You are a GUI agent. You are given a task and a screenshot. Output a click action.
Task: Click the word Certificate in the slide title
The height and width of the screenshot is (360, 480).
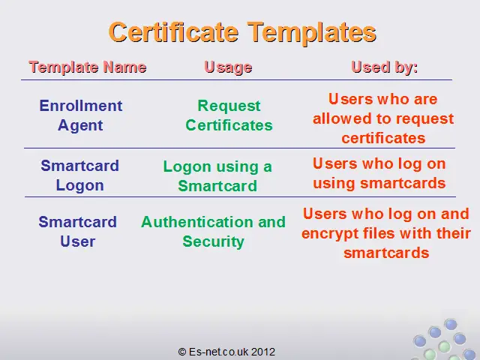click(173, 31)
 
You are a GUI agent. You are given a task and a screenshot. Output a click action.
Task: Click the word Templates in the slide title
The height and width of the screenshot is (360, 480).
click(312, 33)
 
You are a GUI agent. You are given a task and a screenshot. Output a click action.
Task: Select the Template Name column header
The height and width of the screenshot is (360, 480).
click(88, 67)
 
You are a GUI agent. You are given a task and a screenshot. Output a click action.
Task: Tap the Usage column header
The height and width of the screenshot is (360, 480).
click(228, 67)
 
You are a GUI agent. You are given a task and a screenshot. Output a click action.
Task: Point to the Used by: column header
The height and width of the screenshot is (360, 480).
click(385, 67)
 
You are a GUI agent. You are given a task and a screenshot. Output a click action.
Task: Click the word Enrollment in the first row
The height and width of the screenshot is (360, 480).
click(81, 106)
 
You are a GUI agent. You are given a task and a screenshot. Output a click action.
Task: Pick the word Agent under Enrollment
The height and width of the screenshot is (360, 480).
click(80, 126)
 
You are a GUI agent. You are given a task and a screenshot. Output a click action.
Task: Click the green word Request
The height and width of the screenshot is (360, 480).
click(229, 106)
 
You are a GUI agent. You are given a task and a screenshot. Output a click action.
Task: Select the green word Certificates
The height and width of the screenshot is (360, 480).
click(229, 125)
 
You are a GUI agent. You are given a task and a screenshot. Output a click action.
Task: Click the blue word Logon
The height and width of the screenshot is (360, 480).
click(80, 186)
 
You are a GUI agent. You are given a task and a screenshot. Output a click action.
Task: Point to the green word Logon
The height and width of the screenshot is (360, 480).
click(187, 167)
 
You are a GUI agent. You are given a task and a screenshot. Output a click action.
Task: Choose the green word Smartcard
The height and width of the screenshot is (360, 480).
click(217, 186)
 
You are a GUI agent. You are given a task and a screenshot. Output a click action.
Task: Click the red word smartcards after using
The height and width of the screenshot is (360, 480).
click(403, 183)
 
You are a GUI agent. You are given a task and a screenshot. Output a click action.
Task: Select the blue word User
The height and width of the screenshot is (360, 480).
click(78, 241)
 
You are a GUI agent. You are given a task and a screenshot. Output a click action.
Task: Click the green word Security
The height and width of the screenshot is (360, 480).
click(213, 242)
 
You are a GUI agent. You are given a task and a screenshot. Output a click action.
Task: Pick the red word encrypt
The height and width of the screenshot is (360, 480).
click(330, 234)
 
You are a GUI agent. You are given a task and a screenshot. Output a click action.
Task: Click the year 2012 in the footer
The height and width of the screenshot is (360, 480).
click(263, 352)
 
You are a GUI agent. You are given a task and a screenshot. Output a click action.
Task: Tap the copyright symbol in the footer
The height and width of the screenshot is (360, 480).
click(182, 352)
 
